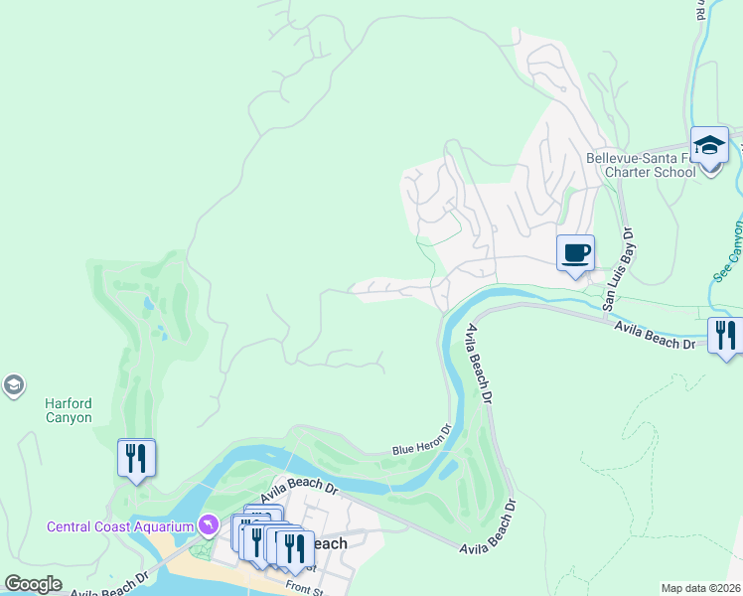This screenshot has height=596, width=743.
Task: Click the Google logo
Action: pos(33,584)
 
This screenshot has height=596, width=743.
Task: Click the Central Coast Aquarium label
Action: pos(119,524)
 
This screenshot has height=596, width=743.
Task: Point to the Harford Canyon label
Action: pos(69,410)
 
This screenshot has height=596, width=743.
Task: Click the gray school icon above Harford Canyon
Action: pos(13,385)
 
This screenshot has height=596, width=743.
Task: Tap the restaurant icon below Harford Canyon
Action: pos(136,458)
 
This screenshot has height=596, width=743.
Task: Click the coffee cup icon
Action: pos(575,252)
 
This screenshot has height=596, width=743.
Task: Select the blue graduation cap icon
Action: pos(709,145)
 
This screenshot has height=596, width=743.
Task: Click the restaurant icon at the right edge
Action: pos(726,335)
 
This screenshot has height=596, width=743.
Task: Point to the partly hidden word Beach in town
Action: pos(330,543)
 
